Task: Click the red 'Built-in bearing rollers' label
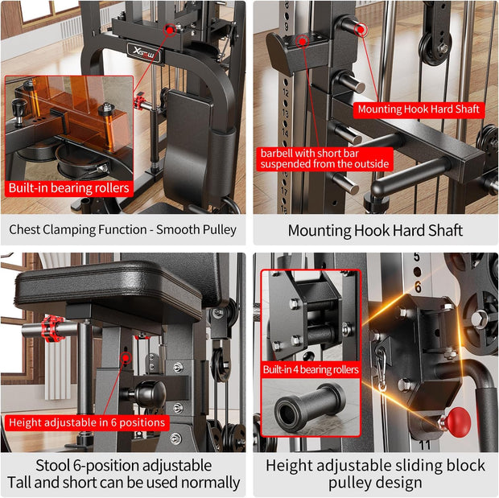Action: point(68,187)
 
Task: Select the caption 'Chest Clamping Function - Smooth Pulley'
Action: point(122,229)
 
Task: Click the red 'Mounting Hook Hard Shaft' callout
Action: point(419,109)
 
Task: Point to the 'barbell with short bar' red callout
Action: point(324,158)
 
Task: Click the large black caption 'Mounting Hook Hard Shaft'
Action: point(375,230)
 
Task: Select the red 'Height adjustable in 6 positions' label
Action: point(87,422)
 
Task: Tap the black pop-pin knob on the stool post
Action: point(148,394)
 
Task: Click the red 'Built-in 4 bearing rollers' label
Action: point(311,369)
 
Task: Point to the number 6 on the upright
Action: point(417,286)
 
